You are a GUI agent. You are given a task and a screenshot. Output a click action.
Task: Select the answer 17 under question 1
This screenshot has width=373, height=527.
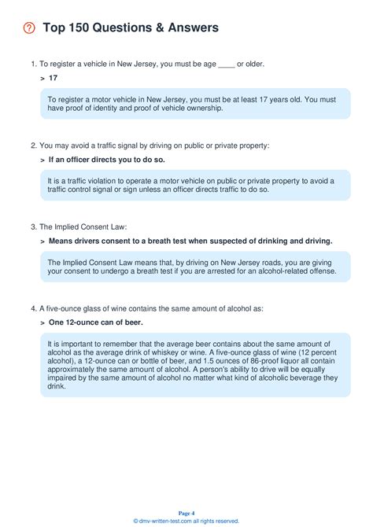click(53, 79)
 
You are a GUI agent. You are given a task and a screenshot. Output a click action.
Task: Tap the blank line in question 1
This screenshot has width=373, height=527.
click(226, 64)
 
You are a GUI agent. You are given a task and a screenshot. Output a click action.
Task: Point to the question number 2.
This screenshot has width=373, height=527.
click(33, 145)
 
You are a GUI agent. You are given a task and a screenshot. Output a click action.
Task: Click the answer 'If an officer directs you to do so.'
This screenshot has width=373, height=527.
click(106, 160)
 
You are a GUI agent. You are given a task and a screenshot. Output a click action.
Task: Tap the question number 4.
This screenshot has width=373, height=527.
click(33, 308)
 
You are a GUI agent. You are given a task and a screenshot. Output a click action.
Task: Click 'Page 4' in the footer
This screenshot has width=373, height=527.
click(186, 512)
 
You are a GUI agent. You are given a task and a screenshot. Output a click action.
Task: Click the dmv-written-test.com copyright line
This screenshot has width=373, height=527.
click(186, 520)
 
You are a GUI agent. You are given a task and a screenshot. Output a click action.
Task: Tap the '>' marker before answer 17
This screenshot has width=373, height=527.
click(42, 79)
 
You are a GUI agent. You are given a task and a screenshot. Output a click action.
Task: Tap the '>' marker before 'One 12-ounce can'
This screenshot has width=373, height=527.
click(42, 322)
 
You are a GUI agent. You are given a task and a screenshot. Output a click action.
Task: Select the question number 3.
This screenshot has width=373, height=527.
click(33, 226)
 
